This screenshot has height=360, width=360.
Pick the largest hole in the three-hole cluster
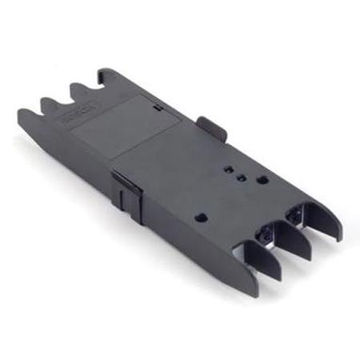click(262, 179)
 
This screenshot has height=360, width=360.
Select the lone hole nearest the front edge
click(202, 216)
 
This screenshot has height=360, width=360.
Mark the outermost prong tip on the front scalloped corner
click(22, 114)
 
